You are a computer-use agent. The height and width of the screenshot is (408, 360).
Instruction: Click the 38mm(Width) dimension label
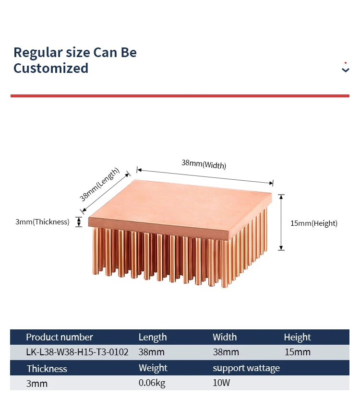click(x=204, y=164)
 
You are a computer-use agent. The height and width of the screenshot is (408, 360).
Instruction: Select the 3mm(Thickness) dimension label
click(x=42, y=222)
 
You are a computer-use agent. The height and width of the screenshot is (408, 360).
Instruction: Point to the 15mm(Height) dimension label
click(x=314, y=223)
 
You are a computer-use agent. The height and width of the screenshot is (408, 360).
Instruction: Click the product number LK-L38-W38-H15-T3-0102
click(x=77, y=352)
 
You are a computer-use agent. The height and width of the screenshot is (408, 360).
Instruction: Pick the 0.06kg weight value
click(x=152, y=384)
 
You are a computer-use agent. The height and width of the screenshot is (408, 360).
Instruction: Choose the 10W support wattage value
click(x=222, y=384)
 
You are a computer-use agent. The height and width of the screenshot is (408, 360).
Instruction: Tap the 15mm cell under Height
click(x=297, y=352)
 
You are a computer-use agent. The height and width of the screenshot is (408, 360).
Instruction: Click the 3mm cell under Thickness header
click(x=37, y=384)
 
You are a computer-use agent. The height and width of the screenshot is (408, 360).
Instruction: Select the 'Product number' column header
click(x=60, y=337)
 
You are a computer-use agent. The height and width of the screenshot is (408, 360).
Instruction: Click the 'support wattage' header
click(x=246, y=368)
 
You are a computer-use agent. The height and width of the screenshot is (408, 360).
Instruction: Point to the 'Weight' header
click(x=153, y=368)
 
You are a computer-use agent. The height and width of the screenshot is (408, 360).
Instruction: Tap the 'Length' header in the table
click(x=153, y=337)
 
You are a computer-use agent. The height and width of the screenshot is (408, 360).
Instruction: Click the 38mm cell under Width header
click(x=226, y=352)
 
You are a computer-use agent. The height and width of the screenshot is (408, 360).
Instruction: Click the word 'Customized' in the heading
click(x=51, y=68)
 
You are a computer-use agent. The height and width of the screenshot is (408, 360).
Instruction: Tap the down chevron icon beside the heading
click(x=345, y=70)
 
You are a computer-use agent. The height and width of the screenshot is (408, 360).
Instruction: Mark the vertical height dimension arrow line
click(x=282, y=222)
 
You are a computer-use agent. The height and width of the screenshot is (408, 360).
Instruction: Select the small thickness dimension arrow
click(x=78, y=221)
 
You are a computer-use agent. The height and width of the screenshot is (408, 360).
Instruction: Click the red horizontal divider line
click(x=180, y=96)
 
